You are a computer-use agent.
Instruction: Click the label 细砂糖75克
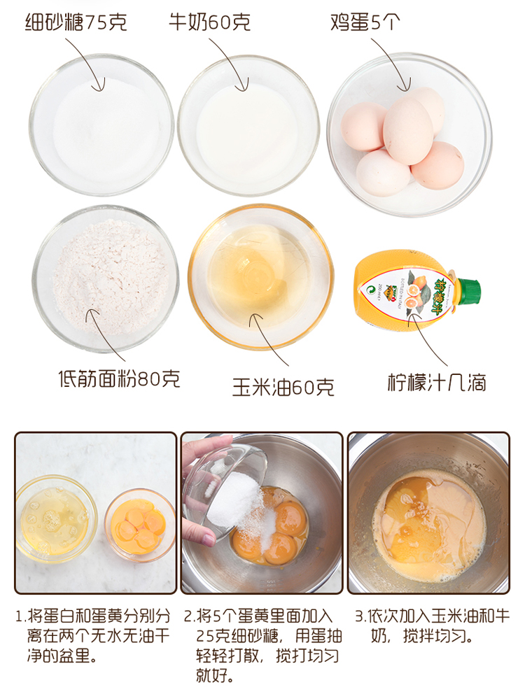click(76, 22)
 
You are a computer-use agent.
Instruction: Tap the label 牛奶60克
click(209, 22)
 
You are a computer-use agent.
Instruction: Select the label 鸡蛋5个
click(365, 22)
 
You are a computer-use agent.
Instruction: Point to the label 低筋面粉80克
click(120, 379)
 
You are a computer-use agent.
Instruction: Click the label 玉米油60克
click(283, 387)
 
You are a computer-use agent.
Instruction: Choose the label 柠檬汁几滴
click(437, 383)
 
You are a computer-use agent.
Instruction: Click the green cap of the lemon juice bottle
click(468, 291)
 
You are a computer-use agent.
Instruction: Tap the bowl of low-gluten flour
click(106, 279)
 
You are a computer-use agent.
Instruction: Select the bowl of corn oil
click(261, 276)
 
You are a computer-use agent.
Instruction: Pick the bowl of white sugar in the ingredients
click(101, 125)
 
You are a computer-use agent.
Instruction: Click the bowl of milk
click(248, 125)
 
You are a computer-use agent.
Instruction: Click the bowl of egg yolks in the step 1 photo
click(140, 525)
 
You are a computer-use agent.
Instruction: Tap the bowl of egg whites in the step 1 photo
click(56, 518)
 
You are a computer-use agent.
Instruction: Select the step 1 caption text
click(93, 635)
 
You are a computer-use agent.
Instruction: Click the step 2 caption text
click(262, 645)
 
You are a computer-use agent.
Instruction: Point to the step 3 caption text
click(433, 626)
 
